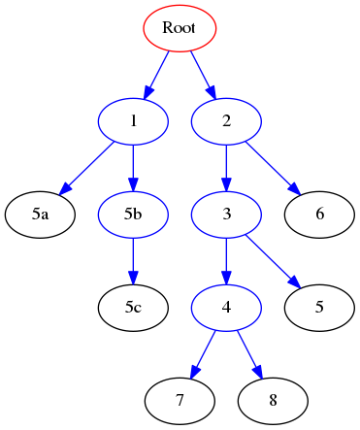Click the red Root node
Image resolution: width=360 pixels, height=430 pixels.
click(x=180, y=28)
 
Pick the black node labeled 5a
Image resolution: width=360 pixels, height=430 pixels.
click(x=40, y=214)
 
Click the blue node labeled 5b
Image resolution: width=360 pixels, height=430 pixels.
click(x=133, y=214)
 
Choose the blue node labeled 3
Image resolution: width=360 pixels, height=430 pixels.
click(x=226, y=214)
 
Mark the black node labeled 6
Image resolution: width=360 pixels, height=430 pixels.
click(x=319, y=214)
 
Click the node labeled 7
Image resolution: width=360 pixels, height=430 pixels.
click(x=180, y=400)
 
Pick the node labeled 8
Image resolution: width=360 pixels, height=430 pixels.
click(x=273, y=400)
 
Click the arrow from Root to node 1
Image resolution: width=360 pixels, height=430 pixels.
click(x=156, y=74)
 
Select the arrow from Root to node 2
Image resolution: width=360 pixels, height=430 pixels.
click(x=203, y=74)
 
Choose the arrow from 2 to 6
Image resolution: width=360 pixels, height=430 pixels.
click(x=272, y=166)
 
